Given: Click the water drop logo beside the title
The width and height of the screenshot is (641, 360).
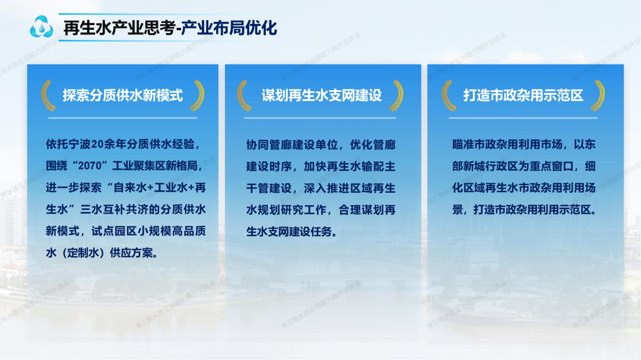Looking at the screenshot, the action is tap(42, 27).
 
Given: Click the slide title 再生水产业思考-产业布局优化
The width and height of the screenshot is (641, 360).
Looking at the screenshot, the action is tap(170, 28).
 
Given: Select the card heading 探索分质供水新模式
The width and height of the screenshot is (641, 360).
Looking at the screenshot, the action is tap(123, 95).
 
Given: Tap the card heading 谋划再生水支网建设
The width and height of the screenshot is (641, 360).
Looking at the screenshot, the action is tap(321, 95).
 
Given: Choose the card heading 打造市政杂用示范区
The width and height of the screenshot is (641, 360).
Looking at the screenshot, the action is tap(523, 95).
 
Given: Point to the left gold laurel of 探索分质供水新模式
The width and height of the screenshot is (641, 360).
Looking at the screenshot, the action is tap(47, 95).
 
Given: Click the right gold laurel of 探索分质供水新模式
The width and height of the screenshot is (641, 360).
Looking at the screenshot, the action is tap(198, 95).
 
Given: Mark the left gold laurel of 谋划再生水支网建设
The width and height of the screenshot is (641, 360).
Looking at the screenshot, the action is tap(244, 95).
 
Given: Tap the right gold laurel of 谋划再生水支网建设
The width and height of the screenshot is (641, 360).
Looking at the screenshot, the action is tap(396, 95).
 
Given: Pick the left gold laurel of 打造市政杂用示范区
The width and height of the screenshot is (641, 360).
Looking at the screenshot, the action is tap(449, 95).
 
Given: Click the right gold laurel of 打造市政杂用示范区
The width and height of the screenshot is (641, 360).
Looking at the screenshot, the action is tap(598, 95).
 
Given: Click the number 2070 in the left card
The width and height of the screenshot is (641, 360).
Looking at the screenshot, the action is tap(89, 166).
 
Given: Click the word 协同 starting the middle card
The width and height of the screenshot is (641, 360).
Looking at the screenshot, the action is tap(258, 145).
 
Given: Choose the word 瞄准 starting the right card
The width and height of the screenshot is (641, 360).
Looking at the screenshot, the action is tap(463, 144).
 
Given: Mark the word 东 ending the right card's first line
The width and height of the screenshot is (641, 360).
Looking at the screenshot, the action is tap(589, 144).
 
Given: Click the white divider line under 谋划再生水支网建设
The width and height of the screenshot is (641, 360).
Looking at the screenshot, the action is tap(320, 118).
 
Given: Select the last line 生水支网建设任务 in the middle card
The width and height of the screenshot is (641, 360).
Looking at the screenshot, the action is tap(289, 232).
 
